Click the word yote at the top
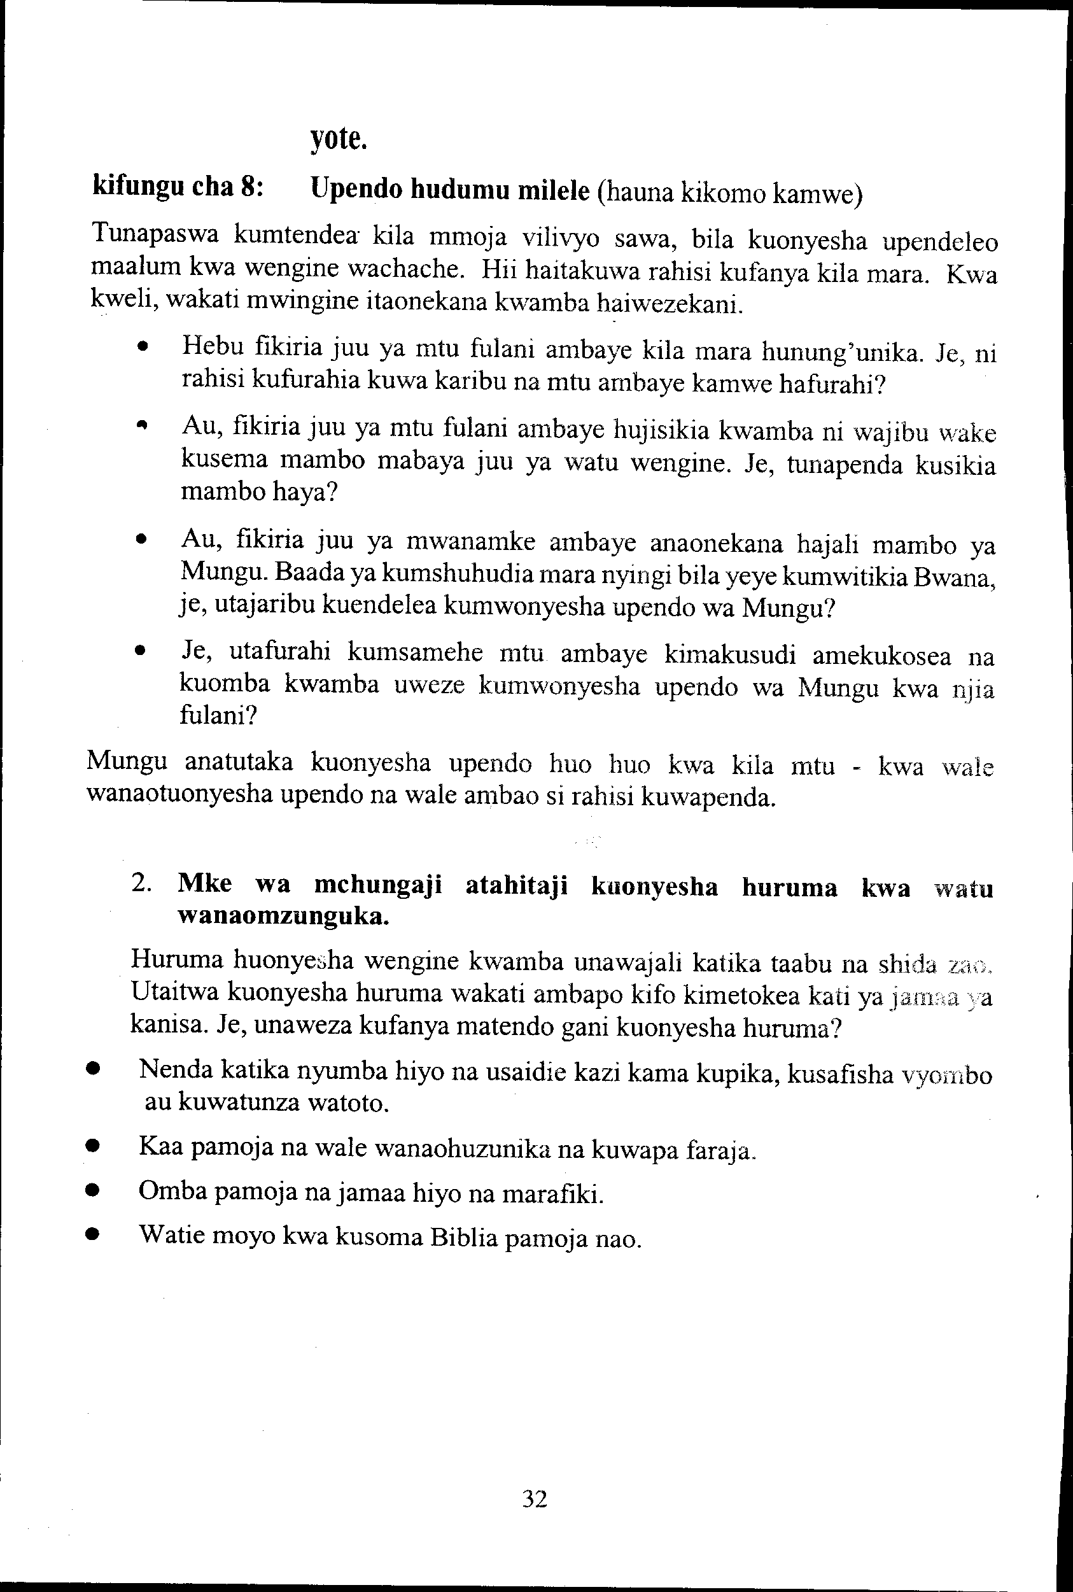(339, 139)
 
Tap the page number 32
(535, 1499)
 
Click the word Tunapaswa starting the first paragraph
(155, 234)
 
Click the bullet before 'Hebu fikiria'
(143, 348)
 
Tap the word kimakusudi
(729, 655)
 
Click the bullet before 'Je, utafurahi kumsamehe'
(141, 652)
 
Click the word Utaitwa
(172, 992)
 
